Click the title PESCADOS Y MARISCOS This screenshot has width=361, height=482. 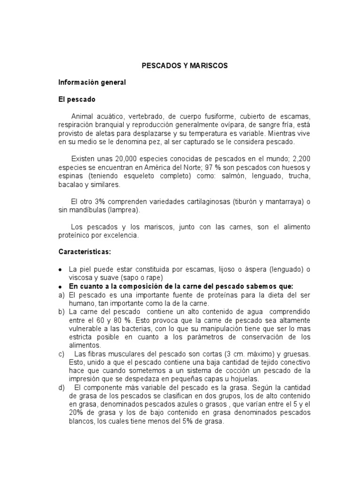(185, 66)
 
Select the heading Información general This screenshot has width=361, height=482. (92, 82)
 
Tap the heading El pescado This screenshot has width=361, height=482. (77, 99)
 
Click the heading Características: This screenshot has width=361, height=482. (85, 252)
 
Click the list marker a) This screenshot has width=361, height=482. (61, 295)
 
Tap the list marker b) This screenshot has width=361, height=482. (61, 312)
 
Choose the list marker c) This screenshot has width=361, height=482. (61, 354)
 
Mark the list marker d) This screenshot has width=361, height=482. (61, 388)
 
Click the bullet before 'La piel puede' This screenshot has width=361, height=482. (60, 269)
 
